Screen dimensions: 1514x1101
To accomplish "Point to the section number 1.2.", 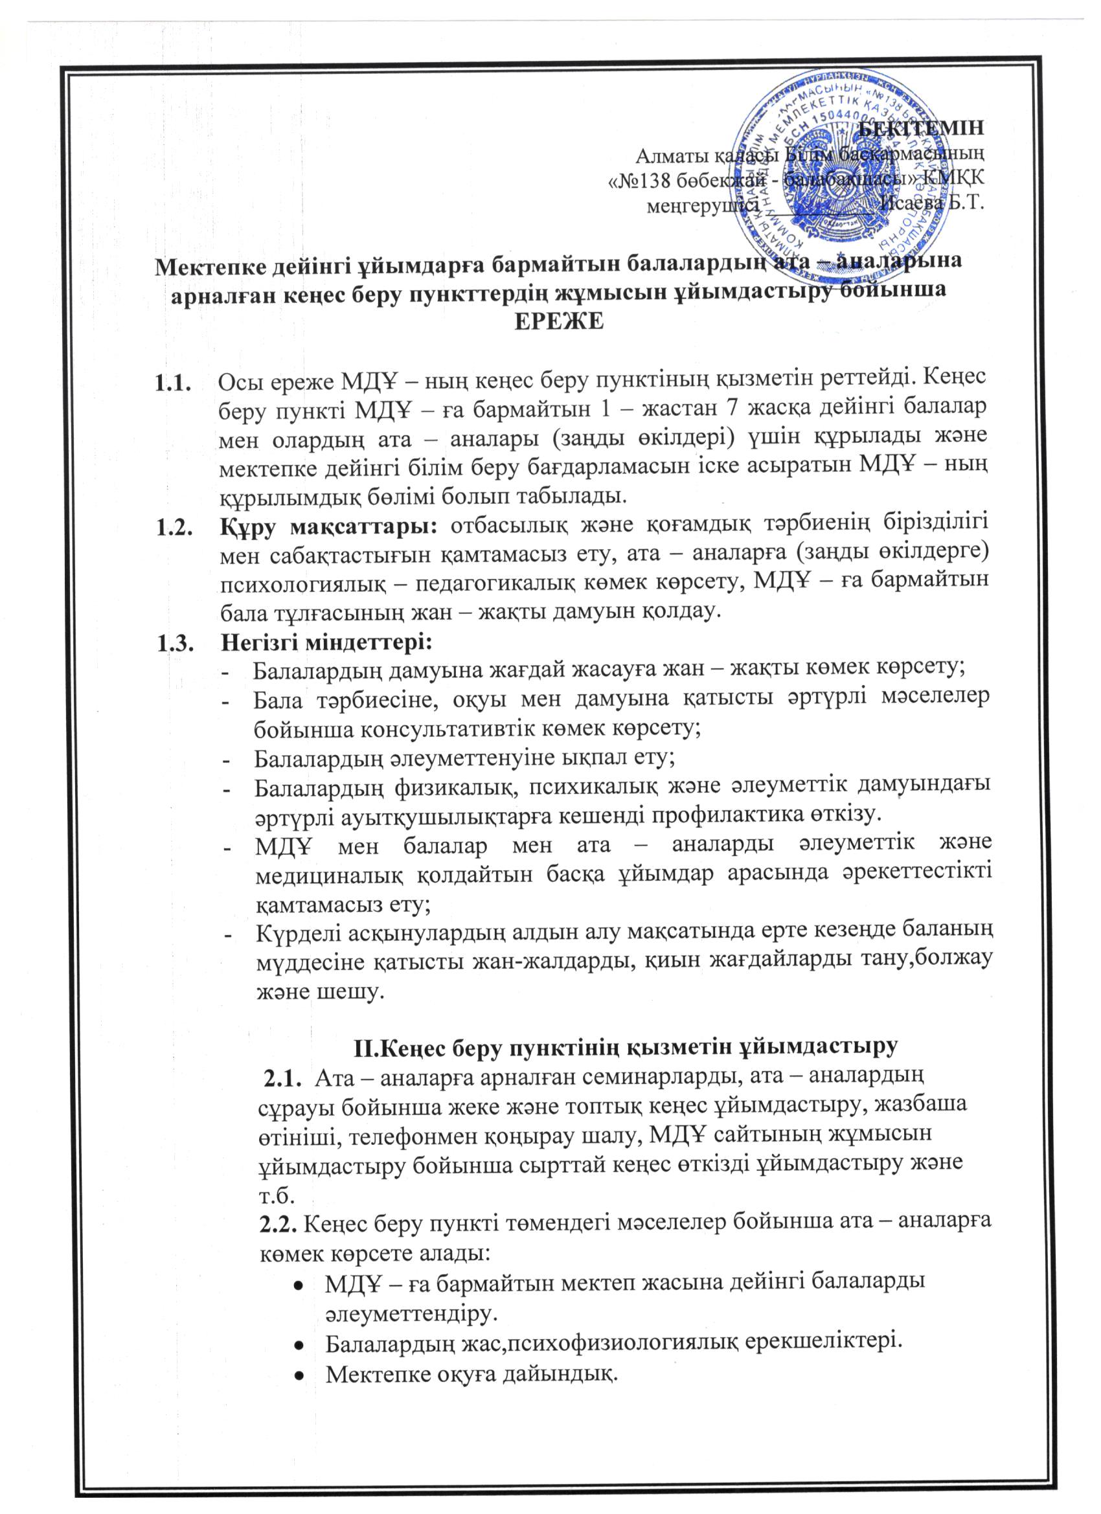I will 174,527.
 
